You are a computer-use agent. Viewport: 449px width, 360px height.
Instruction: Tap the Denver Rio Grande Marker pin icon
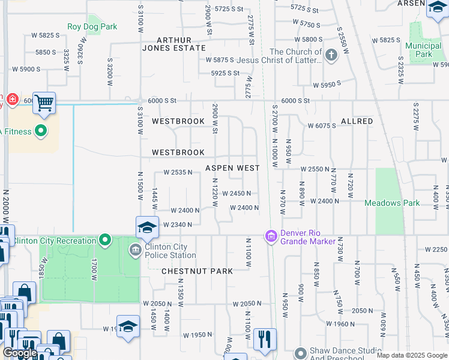pos(271,237)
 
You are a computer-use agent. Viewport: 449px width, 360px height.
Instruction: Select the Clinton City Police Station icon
pos(134,249)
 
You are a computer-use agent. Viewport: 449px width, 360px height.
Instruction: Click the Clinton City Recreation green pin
pos(105,241)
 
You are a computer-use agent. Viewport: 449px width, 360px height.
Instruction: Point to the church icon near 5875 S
pos(331,56)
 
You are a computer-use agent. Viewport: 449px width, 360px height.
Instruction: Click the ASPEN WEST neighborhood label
pos(232,169)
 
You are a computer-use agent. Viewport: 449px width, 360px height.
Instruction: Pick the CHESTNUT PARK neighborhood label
pos(197,271)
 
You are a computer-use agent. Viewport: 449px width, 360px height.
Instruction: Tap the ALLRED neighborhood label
pos(357,121)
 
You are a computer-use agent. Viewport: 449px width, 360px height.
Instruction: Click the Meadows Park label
pos(392,203)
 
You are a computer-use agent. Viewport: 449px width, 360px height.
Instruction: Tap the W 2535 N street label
pos(178,172)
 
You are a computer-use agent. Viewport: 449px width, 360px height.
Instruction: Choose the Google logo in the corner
pos(20,353)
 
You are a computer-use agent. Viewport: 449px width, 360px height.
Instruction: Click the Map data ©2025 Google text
pos(411,355)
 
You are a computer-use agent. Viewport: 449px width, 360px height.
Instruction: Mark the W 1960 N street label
pos(340,323)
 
